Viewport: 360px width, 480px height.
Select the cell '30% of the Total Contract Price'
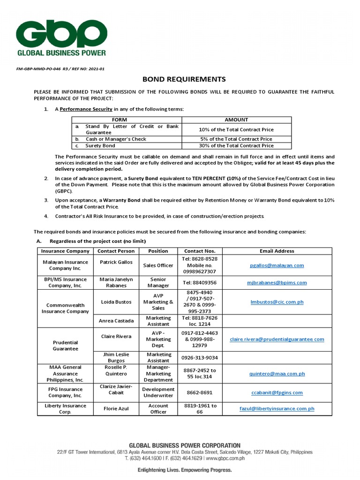(236, 146)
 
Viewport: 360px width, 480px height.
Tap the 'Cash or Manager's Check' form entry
(116, 139)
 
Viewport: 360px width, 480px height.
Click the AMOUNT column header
(236, 120)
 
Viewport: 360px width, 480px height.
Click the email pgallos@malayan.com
(277, 265)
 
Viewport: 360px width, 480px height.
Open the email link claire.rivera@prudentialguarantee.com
(277, 339)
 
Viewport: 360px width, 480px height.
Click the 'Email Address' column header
(277, 251)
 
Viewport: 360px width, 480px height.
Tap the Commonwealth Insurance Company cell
(65, 308)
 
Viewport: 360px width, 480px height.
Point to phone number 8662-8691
(200, 392)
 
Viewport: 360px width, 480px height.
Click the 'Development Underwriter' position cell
(158, 392)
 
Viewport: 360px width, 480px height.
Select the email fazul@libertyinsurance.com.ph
(277, 409)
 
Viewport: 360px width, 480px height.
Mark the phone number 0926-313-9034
(200, 358)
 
